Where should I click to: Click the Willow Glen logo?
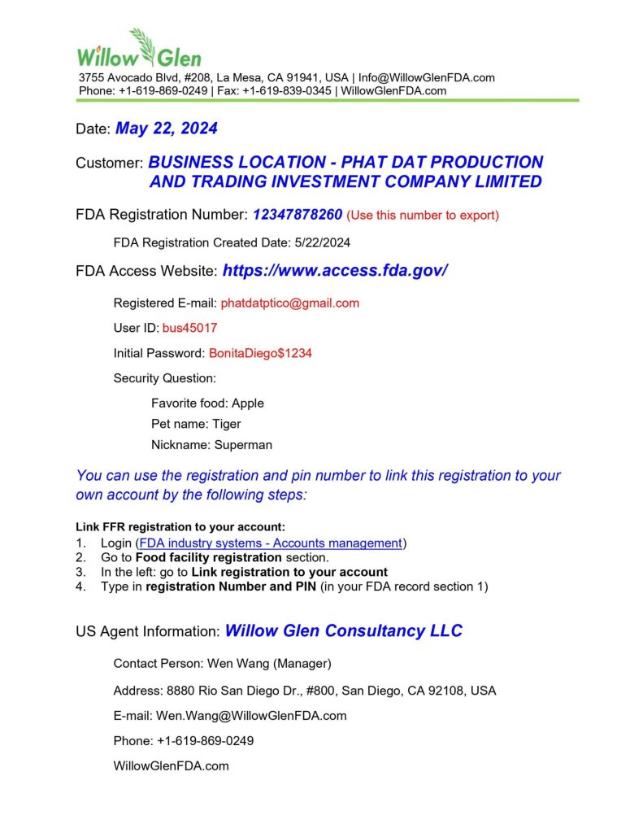click(139, 50)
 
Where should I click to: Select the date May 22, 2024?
click(166, 129)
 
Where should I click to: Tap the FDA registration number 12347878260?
click(297, 215)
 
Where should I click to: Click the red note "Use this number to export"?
click(423, 216)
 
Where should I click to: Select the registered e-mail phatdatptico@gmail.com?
click(289, 303)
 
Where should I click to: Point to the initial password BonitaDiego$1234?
click(260, 354)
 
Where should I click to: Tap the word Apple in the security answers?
click(248, 403)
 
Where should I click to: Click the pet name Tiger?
click(227, 424)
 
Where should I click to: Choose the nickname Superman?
click(243, 445)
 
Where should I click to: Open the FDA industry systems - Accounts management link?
click(271, 543)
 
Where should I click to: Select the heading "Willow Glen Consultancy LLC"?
click(343, 630)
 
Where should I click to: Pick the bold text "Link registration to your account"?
click(289, 572)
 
